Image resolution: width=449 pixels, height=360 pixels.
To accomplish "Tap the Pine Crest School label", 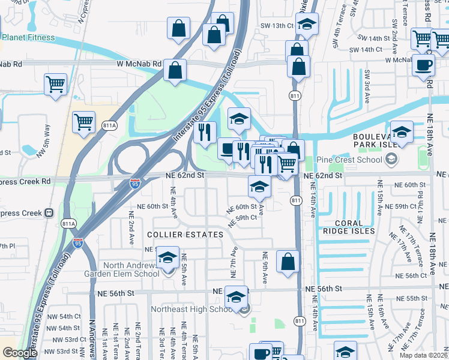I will coord(348,160).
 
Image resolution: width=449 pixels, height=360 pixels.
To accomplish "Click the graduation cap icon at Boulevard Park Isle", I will coord(401,133).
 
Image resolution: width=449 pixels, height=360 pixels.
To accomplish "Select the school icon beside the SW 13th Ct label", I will coord(307,25).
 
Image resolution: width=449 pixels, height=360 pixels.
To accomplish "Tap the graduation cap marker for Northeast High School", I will coord(237,297).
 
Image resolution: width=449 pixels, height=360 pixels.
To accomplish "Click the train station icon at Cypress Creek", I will coord(49,212).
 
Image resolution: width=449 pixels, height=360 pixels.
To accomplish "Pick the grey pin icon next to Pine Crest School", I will coord(391,160).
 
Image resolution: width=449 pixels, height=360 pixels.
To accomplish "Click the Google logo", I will coord(20,352).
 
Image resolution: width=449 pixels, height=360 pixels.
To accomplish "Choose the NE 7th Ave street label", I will coord(233,264).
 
